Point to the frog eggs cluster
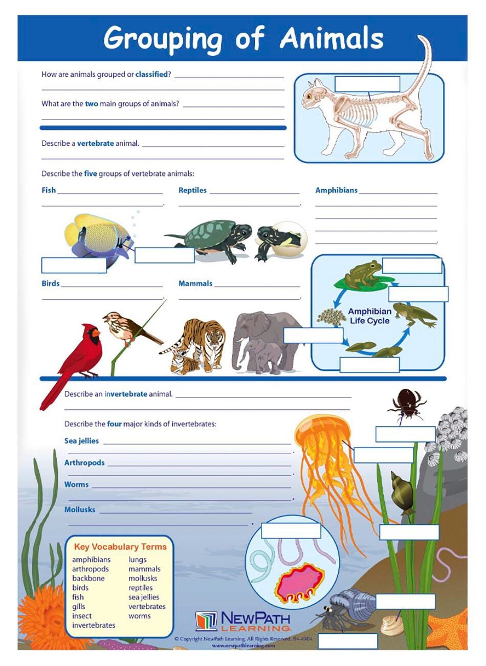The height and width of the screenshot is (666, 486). pos(331,317)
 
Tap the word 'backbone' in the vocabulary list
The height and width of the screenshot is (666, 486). pos(88,578)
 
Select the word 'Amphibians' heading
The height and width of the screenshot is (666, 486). pos(336,190)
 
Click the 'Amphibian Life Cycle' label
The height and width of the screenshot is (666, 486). pos(370,316)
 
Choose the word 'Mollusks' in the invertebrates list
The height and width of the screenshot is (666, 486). pos(79,509)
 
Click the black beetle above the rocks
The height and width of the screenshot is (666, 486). pos(407,402)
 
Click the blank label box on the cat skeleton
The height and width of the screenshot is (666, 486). pos(367,83)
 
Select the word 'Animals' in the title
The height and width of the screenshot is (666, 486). pos(331,38)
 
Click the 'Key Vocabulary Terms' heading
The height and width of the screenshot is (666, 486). pos(120,547)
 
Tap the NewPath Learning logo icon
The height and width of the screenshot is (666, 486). pos(207,620)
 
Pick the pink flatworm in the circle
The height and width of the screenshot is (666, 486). pos(300,583)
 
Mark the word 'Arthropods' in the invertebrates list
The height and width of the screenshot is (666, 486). pos(84,462)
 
